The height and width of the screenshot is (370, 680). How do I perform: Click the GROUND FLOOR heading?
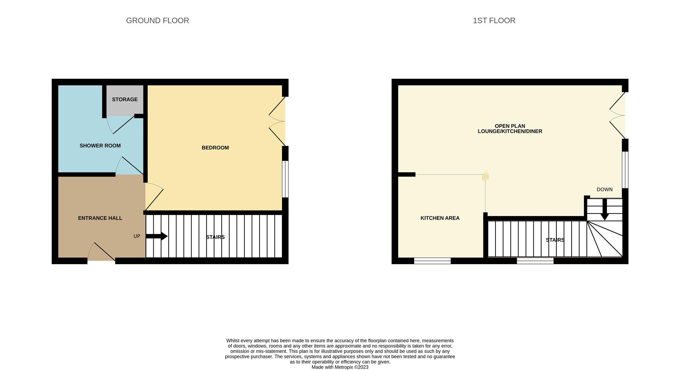coord(158,21)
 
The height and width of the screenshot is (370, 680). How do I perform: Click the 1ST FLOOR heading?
coord(494,21)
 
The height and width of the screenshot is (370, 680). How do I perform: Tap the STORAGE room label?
coord(125,99)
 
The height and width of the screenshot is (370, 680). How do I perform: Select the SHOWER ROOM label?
coord(100,146)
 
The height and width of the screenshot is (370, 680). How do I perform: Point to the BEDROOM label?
coord(215,148)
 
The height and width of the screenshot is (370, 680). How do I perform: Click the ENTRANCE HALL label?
coord(100,218)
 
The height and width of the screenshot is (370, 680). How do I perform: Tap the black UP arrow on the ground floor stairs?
coord(157,236)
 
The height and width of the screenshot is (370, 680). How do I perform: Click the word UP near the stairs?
coord(137,236)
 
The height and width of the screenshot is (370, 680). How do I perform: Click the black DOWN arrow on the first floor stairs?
coord(605,210)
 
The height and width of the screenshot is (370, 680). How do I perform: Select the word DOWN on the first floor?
coord(604,189)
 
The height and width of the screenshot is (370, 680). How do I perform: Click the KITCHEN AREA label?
coord(440,218)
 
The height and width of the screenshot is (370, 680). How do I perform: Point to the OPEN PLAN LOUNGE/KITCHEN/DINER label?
coord(510,129)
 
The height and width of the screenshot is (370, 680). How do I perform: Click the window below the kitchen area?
coord(432,261)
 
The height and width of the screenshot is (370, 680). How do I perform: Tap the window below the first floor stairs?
coord(535,261)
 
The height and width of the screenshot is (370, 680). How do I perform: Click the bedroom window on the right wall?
coord(285,179)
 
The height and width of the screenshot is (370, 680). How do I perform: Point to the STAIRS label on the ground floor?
coord(215,237)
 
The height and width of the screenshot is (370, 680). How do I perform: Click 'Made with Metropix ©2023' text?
coord(340,367)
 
